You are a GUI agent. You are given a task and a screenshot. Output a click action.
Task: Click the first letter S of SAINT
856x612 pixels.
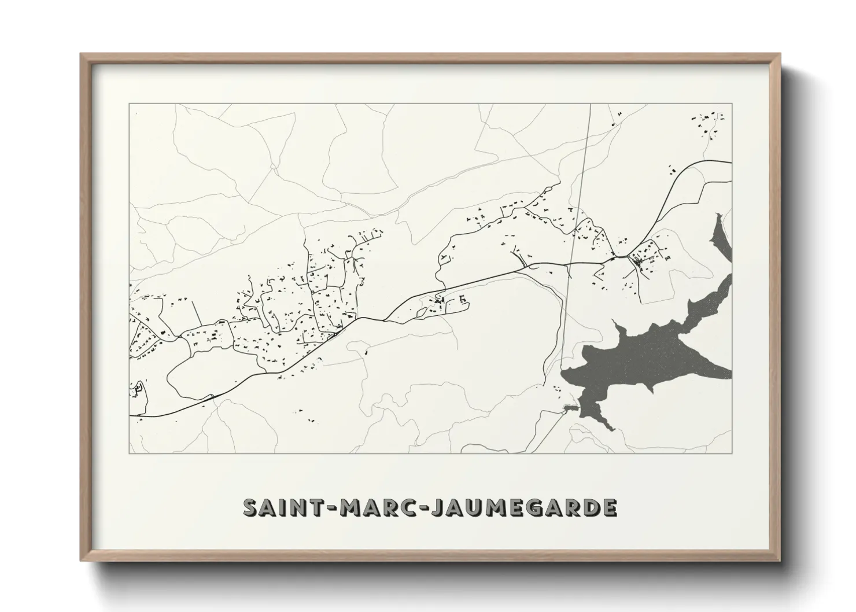[251, 507]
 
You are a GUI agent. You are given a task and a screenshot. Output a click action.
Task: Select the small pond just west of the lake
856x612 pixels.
[570, 409]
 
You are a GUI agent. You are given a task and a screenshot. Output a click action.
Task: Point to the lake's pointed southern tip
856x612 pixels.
[610, 429]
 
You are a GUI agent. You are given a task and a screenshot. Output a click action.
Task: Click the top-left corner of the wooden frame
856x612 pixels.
[81, 54]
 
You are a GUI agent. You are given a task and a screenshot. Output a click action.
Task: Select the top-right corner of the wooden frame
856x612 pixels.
[780, 54]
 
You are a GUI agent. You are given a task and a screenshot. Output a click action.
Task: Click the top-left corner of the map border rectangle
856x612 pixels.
[130, 104]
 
